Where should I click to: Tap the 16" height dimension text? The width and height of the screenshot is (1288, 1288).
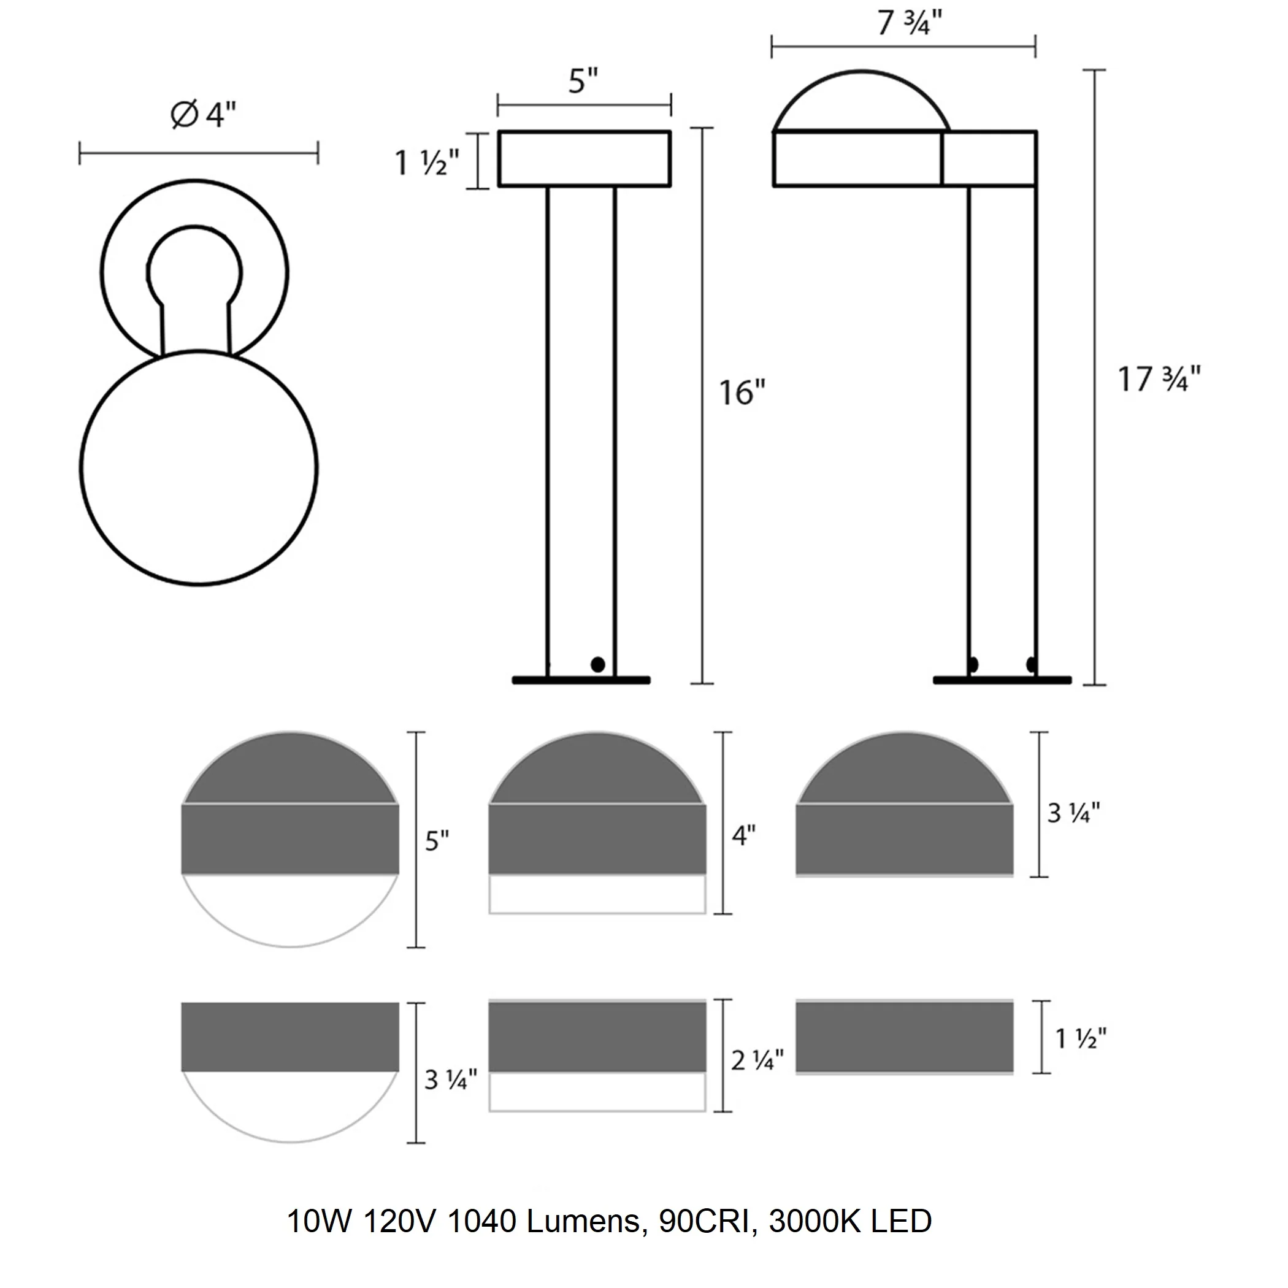pos(742,392)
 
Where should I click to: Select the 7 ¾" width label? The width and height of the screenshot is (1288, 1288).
pos(909,23)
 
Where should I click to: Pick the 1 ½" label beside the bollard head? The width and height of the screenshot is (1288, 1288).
pos(427,163)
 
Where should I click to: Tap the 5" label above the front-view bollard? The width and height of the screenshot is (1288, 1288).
pos(583,82)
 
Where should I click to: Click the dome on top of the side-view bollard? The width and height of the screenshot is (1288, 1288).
pos(861,100)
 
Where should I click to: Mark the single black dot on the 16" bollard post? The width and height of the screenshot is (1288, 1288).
pos(597,664)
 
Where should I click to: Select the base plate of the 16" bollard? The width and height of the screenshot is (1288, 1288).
pos(581,680)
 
